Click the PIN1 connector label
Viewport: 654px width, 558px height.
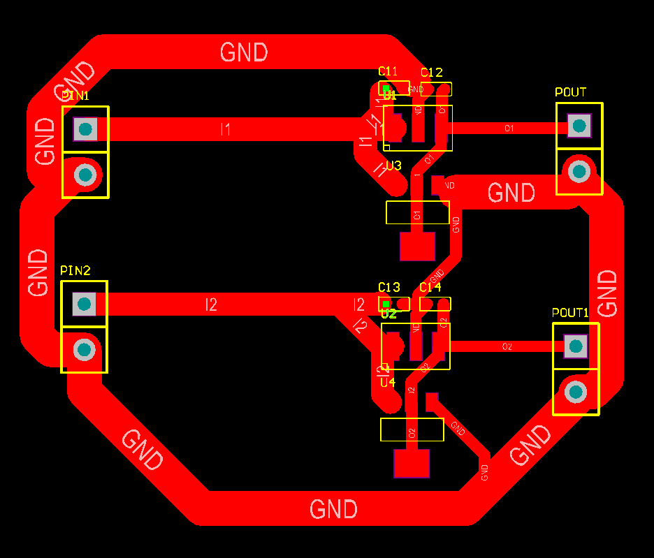75,96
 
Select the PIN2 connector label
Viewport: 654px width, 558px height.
75,270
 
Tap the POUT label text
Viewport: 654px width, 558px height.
570,92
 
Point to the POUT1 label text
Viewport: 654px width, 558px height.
570,312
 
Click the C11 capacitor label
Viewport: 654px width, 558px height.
388,71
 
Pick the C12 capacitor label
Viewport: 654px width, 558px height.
431,73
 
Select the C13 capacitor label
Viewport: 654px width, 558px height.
388,287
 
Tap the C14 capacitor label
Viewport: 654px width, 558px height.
430,288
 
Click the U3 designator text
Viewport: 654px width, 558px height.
393,166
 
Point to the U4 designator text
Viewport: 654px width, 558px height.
388,383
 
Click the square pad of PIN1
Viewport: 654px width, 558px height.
85,129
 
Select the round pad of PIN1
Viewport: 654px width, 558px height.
85,174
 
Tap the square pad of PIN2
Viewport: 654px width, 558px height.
84,303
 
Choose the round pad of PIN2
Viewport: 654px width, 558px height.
84,348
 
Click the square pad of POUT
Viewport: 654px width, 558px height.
579,126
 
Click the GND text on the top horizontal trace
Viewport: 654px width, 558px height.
244,52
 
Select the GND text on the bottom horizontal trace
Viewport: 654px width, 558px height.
333,509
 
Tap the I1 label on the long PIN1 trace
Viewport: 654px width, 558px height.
225,129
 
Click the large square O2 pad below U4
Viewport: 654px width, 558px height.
412,464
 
